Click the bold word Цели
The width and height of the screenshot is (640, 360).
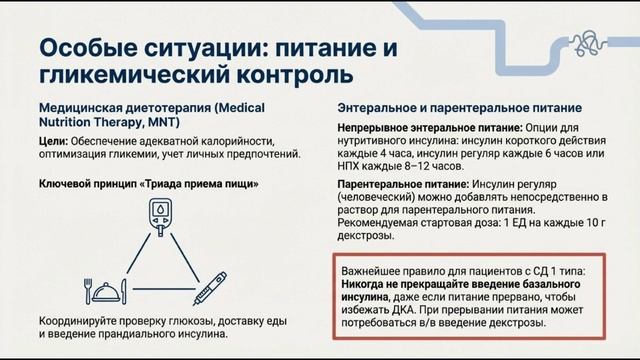53,141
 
